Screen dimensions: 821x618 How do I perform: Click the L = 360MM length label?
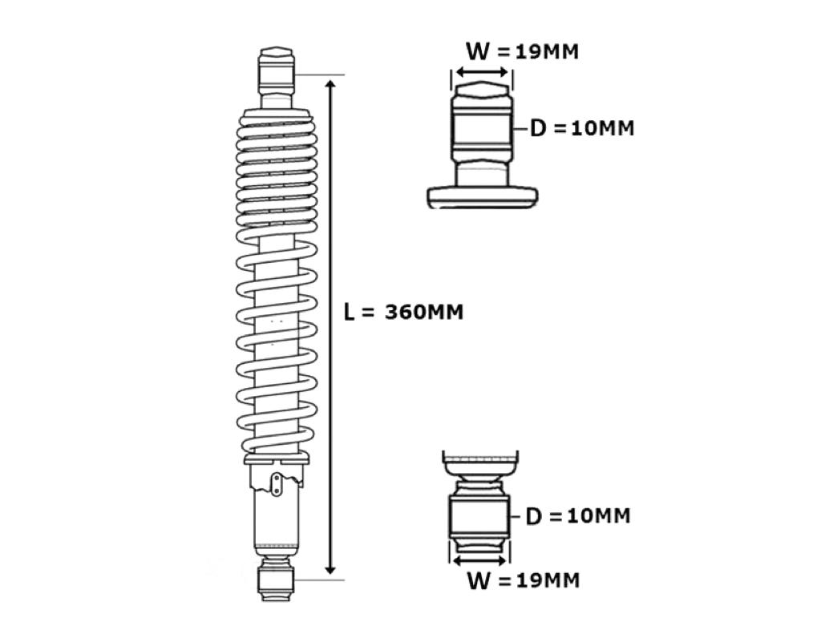click(403, 313)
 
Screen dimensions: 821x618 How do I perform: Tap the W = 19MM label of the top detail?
click(523, 51)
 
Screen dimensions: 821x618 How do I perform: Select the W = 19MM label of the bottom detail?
click(523, 580)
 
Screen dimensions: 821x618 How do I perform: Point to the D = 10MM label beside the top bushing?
click(582, 128)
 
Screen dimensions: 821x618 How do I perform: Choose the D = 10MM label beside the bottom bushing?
click(577, 516)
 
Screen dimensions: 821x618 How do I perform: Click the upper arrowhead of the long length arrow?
click(330, 84)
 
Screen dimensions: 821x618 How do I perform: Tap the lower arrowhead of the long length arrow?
click(330, 568)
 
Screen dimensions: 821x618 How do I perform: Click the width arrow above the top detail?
click(482, 71)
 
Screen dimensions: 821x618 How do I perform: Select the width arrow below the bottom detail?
click(479, 561)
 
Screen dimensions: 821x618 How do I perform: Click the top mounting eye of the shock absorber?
click(276, 71)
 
